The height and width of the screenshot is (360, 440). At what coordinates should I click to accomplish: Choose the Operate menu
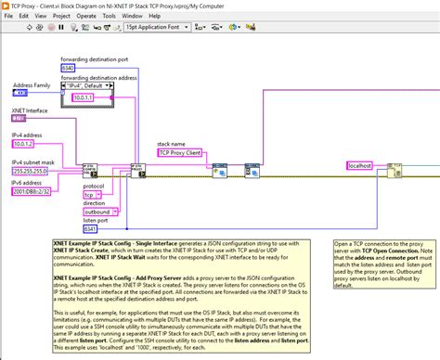point(94,17)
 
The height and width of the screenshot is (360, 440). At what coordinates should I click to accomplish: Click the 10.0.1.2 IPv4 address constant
point(23,145)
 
